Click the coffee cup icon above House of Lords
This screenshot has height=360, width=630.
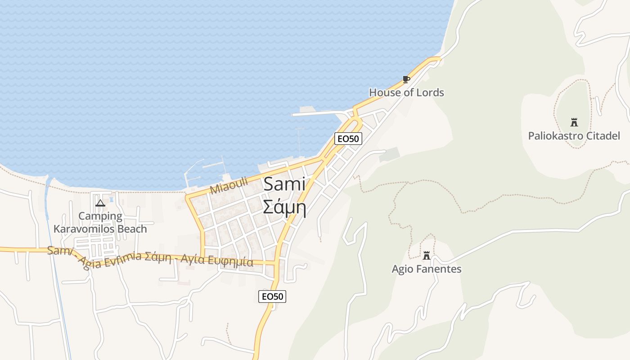tap(406, 80)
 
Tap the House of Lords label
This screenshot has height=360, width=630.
tap(406, 93)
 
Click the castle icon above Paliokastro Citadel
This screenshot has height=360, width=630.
tap(574, 122)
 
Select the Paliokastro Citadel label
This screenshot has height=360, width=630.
tap(574, 135)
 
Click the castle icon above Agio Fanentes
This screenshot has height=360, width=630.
tap(426, 256)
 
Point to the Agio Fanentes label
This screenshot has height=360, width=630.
tap(426, 269)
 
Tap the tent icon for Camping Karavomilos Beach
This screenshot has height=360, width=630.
tap(100, 203)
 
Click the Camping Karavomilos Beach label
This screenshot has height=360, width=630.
tap(100, 222)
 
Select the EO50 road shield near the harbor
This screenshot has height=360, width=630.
tap(348, 139)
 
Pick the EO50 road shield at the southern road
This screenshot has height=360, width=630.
tap(273, 297)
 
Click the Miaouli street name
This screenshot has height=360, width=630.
tap(229, 185)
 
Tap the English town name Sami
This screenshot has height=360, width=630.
tap(284, 184)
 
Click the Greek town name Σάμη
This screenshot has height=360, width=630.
tap(284, 207)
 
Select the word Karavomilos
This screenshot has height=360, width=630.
tap(84, 229)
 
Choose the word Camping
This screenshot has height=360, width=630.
tap(100, 216)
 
